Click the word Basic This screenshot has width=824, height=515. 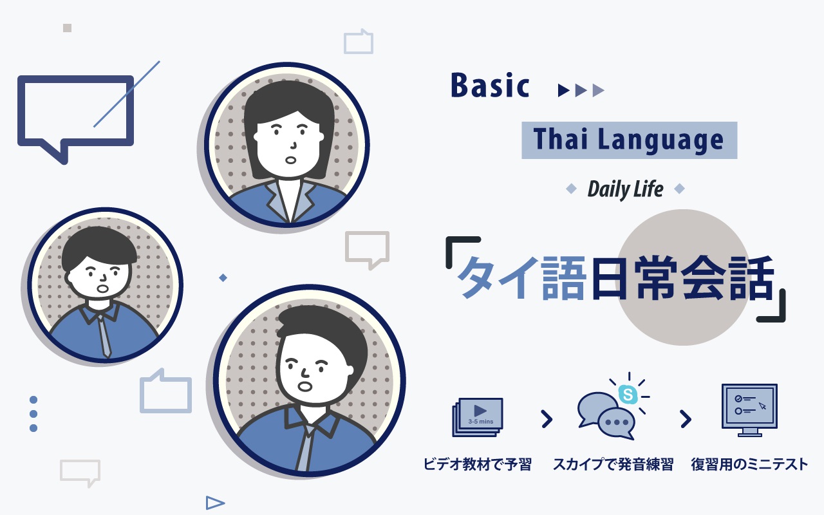490,86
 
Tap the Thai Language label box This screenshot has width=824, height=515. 630,140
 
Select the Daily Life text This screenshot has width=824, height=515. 625,189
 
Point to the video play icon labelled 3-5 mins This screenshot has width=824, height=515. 478,417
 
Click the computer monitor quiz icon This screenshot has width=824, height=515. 750,410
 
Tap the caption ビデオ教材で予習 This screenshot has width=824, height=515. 478,464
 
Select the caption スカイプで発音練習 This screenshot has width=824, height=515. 613,464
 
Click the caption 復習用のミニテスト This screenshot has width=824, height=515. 749,464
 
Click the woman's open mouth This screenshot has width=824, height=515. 290,160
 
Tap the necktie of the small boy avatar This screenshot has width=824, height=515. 104,335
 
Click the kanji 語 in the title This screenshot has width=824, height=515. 563,278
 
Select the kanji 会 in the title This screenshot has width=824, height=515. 704,278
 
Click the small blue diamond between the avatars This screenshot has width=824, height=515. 223,277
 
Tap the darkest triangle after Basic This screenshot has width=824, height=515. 563,90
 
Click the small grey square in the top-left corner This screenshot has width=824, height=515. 67,28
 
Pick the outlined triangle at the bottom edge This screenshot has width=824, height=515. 215,503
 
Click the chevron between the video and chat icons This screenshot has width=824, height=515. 547,419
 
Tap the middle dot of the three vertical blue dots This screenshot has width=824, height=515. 33,414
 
